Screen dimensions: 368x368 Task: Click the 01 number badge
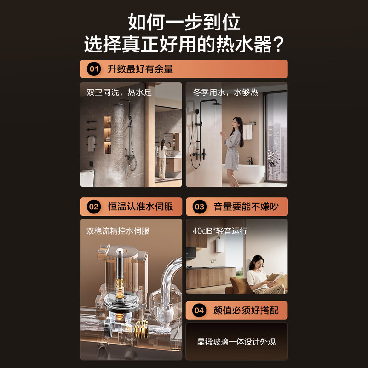pyautogui.click(x=94, y=69)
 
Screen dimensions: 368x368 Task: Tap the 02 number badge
pyautogui.click(x=94, y=207)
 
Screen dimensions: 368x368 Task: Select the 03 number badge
pyautogui.click(x=199, y=207)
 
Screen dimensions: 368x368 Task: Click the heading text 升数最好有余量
pyautogui.click(x=140, y=69)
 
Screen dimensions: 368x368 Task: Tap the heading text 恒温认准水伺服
pyautogui.click(x=140, y=207)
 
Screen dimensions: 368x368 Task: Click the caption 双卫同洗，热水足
pyautogui.click(x=119, y=92)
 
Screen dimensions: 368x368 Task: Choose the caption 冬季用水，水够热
pyautogui.click(x=225, y=92)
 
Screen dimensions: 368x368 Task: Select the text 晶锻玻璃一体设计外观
pyautogui.click(x=236, y=342)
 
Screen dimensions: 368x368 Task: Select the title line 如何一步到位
pyautogui.click(x=184, y=22)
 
